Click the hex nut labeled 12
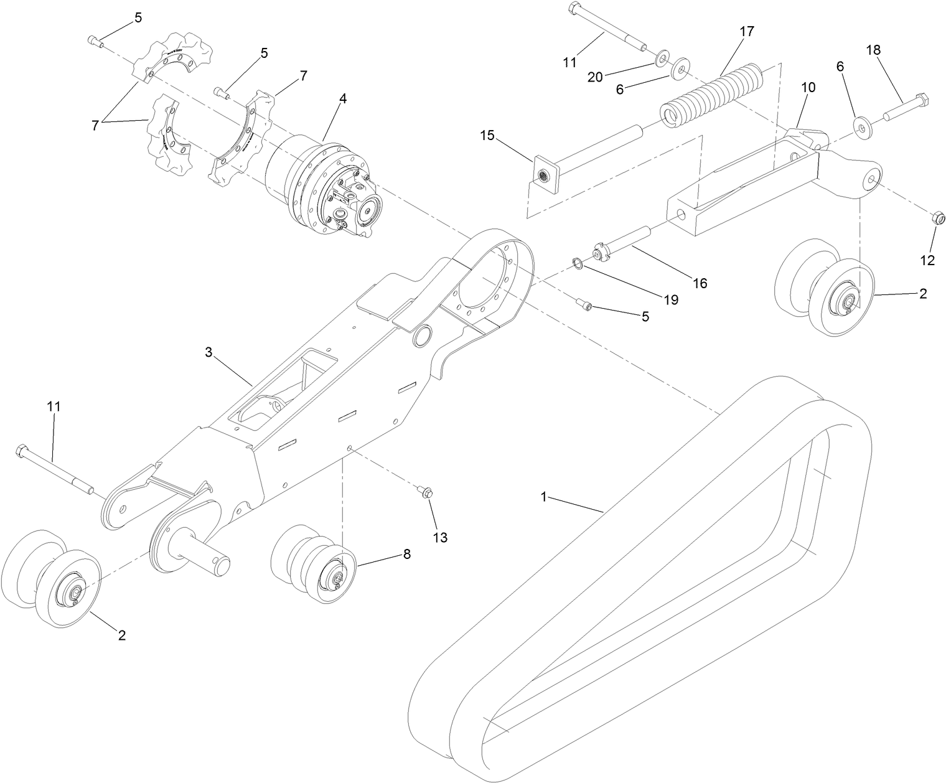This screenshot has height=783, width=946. (939, 218)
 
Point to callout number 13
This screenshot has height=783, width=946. (440, 537)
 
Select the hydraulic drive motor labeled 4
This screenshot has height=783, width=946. (324, 187)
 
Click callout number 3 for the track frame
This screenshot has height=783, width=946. (208, 352)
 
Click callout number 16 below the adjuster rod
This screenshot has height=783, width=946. (700, 283)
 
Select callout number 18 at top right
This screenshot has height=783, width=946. (874, 50)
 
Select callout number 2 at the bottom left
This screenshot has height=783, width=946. (122, 635)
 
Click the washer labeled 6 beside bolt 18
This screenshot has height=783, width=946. (861, 128)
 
